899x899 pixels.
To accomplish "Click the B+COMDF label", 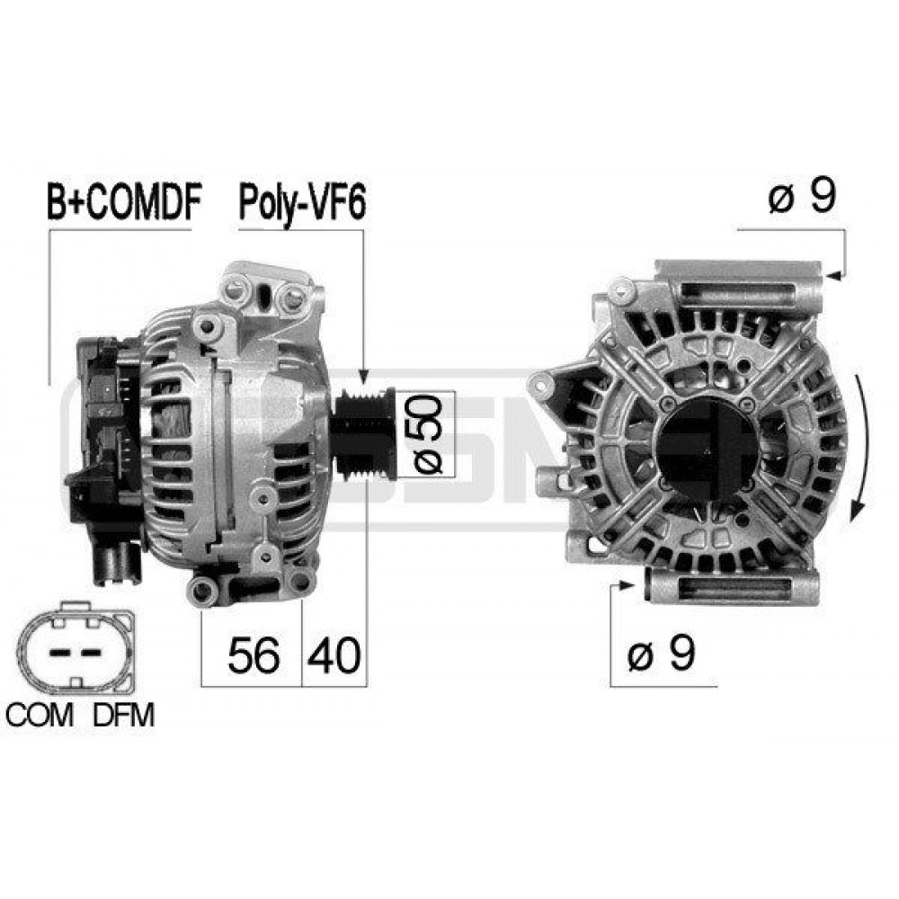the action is pyautogui.click(x=124, y=202).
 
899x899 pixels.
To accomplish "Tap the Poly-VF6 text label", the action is pyautogui.click(x=301, y=204).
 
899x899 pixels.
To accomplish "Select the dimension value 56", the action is pyautogui.click(x=254, y=654).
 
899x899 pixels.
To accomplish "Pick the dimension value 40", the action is pyautogui.click(x=334, y=654).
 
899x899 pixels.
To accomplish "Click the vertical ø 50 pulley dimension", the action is pyautogui.click(x=428, y=434).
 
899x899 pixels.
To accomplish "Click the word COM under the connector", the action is pyautogui.click(x=40, y=715).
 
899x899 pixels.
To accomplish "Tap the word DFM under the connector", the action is pyautogui.click(x=124, y=715).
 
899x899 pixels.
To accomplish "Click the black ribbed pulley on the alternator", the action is pyautogui.click(x=363, y=434).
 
